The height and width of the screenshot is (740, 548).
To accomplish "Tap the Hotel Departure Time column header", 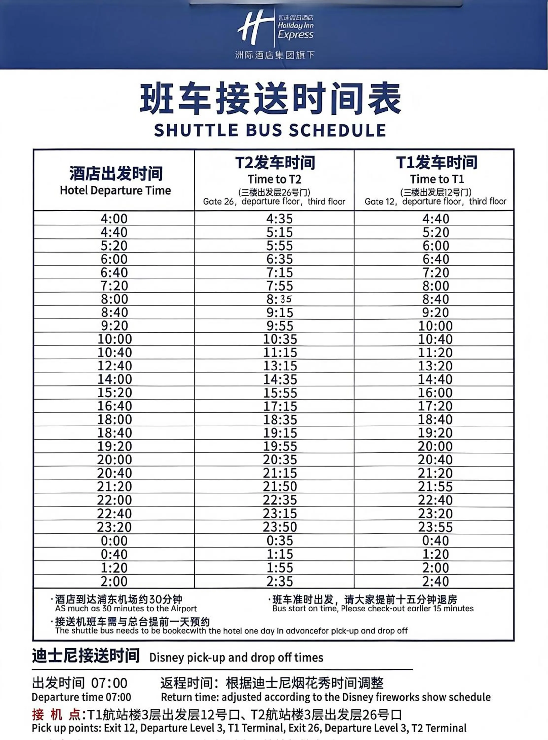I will pos(115,191).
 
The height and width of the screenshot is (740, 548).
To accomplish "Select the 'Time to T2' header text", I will pos(274,179).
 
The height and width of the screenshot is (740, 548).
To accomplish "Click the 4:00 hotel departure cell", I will pos(114,219).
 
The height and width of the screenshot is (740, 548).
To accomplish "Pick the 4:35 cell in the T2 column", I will pos(280,219).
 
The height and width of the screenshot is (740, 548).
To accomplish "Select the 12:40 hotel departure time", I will pos(114,366).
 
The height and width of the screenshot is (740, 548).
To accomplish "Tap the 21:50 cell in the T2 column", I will pos(280,487).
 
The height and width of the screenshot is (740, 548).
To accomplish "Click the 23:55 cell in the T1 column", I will pos(435,527).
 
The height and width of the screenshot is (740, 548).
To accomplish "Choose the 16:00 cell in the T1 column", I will pos(435,393).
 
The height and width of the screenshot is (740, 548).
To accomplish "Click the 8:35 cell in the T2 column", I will pos(280,299).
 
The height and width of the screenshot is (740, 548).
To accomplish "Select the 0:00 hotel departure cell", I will pos(114,541).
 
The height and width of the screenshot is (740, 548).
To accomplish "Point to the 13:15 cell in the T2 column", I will pos(280,366).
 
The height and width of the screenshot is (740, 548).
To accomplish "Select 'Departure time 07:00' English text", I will pos(81,697).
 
